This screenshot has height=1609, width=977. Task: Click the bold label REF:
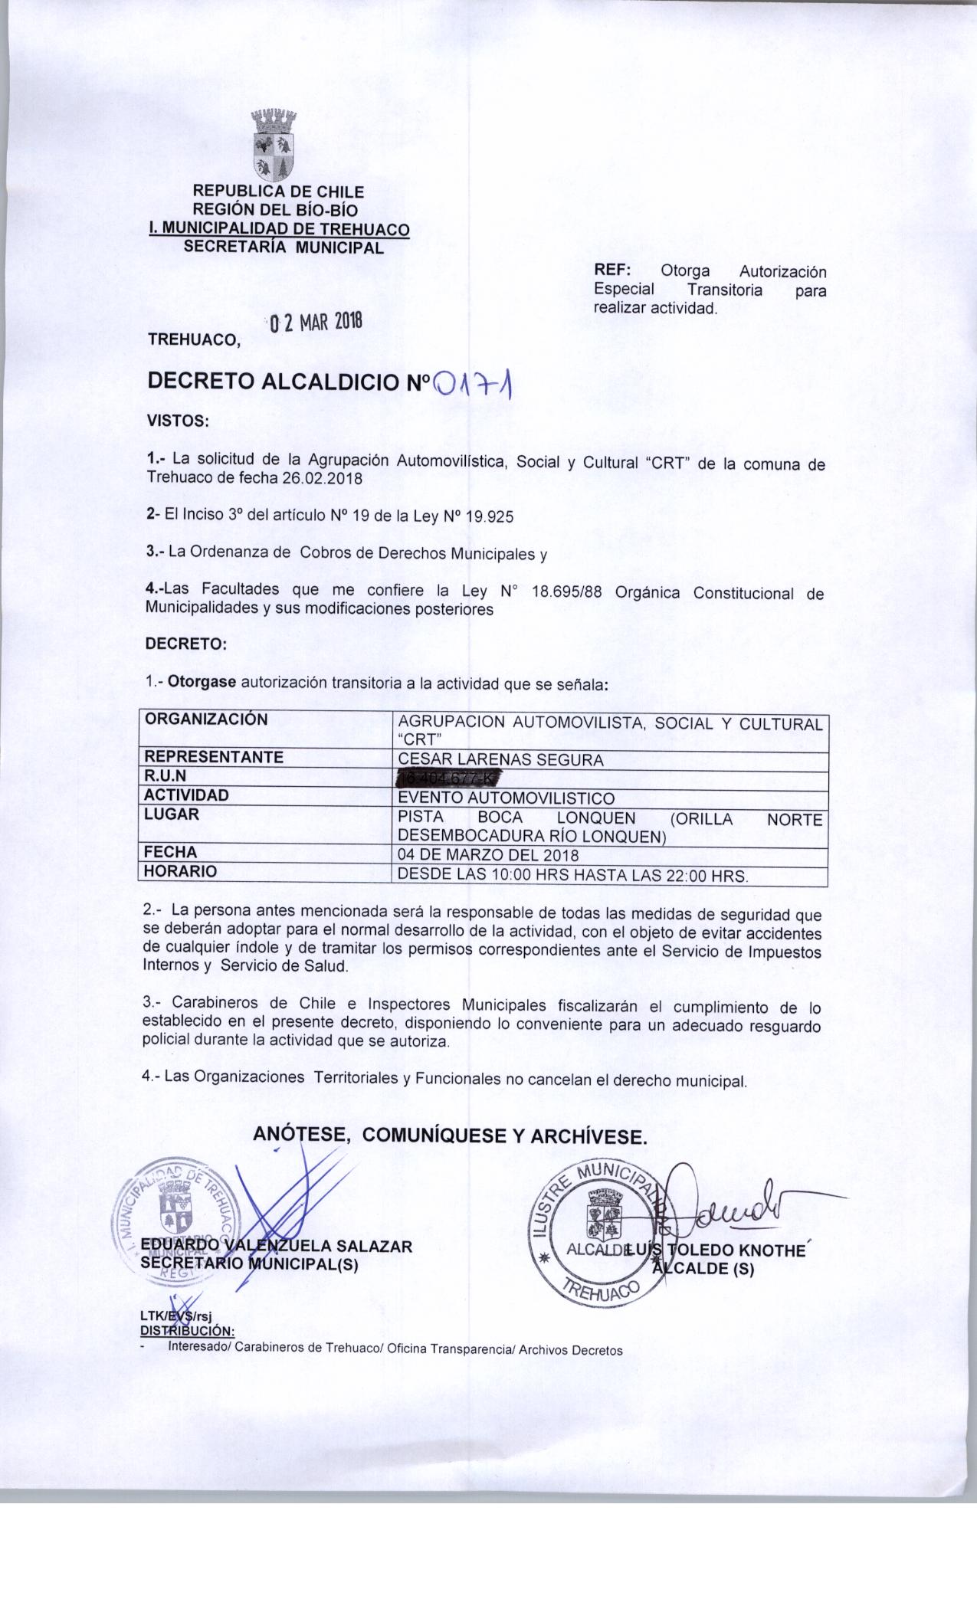coord(611,272)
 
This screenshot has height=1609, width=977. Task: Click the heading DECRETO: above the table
coord(186,644)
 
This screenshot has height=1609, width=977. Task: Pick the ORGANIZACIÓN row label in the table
coord(207,719)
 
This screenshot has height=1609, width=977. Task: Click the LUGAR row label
coord(172,814)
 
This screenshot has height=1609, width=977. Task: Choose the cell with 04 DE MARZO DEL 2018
coord(488,855)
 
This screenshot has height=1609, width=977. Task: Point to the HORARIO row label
coord(181,871)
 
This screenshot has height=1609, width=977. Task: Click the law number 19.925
coord(489,516)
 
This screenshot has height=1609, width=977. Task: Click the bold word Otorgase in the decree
coord(202,682)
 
